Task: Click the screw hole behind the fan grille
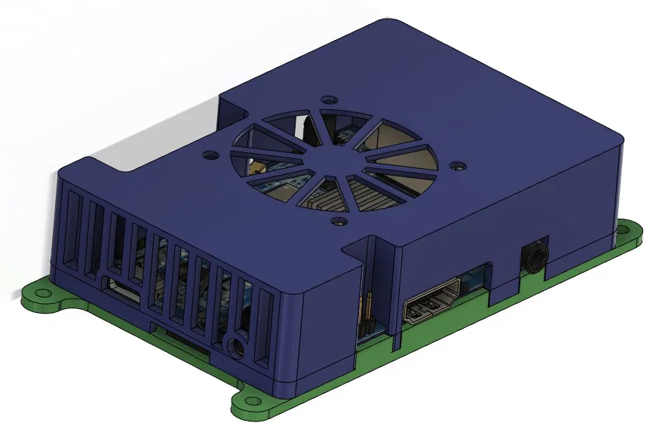[327, 100]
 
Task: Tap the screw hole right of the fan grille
[455, 162]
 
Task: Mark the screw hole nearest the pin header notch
[339, 222]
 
